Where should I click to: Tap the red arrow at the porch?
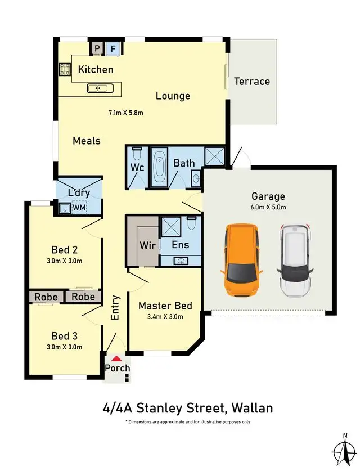click(x=116, y=358)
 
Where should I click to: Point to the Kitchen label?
click(x=96, y=70)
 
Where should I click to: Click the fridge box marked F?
click(x=113, y=49)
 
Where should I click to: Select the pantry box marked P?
click(x=97, y=49)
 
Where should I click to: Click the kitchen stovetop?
click(x=64, y=70)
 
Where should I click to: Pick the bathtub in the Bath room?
click(x=159, y=168)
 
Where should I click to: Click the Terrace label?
click(x=252, y=81)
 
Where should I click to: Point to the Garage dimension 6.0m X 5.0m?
click(x=268, y=207)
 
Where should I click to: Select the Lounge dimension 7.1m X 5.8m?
click(x=126, y=113)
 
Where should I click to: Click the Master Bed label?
click(x=165, y=306)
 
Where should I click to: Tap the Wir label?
click(x=147, y=245)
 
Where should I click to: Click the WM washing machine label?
click(x=79, y=209)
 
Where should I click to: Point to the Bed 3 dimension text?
click(x=64, y=347)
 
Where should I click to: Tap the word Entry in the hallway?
click(x=115, y=308)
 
